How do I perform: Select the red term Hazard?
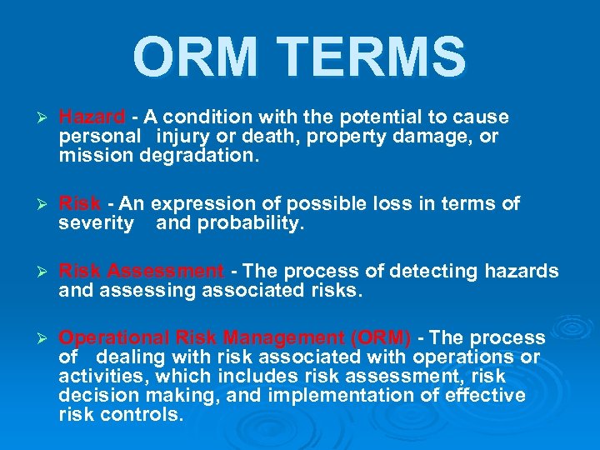92,117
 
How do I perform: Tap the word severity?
96,223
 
